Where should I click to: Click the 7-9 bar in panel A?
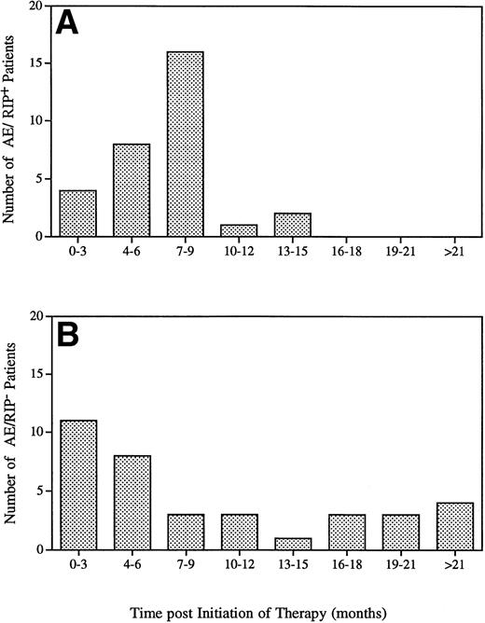click(x=185, y=144)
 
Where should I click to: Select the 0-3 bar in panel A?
click(x=77, y=213)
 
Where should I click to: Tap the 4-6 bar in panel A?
click(x=132, y=190)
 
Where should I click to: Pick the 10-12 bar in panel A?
click(x=239, y=230)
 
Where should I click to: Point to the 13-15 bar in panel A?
click(x=293, y=225)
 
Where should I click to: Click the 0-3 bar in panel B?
click(x=77, y=485)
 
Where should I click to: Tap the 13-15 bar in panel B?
click(x=293, y=543)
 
